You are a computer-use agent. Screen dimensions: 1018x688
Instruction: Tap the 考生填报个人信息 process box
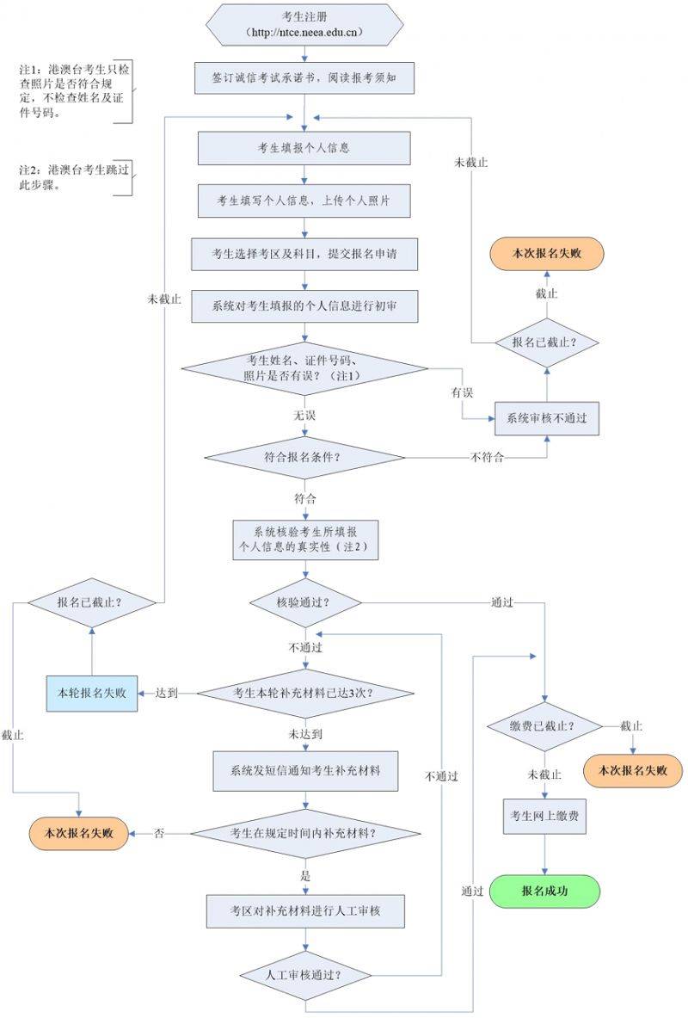304,148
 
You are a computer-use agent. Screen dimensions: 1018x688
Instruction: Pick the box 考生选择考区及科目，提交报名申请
304,254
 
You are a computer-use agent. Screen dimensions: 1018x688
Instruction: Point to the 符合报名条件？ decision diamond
304,456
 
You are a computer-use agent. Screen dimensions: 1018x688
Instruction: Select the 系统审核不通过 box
546,417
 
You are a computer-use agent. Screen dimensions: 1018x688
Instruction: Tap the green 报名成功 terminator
544,892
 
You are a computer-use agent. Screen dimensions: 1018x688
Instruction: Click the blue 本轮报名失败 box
90,693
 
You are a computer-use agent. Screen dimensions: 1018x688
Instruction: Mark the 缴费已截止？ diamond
544,725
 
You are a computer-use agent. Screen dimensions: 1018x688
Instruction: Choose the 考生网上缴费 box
544,817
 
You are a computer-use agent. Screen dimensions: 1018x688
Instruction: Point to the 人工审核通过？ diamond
305,975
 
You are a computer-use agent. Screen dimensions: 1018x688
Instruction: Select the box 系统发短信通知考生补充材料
305,771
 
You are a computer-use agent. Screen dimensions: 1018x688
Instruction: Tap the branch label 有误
463,392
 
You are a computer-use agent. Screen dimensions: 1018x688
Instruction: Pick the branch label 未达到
306,734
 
